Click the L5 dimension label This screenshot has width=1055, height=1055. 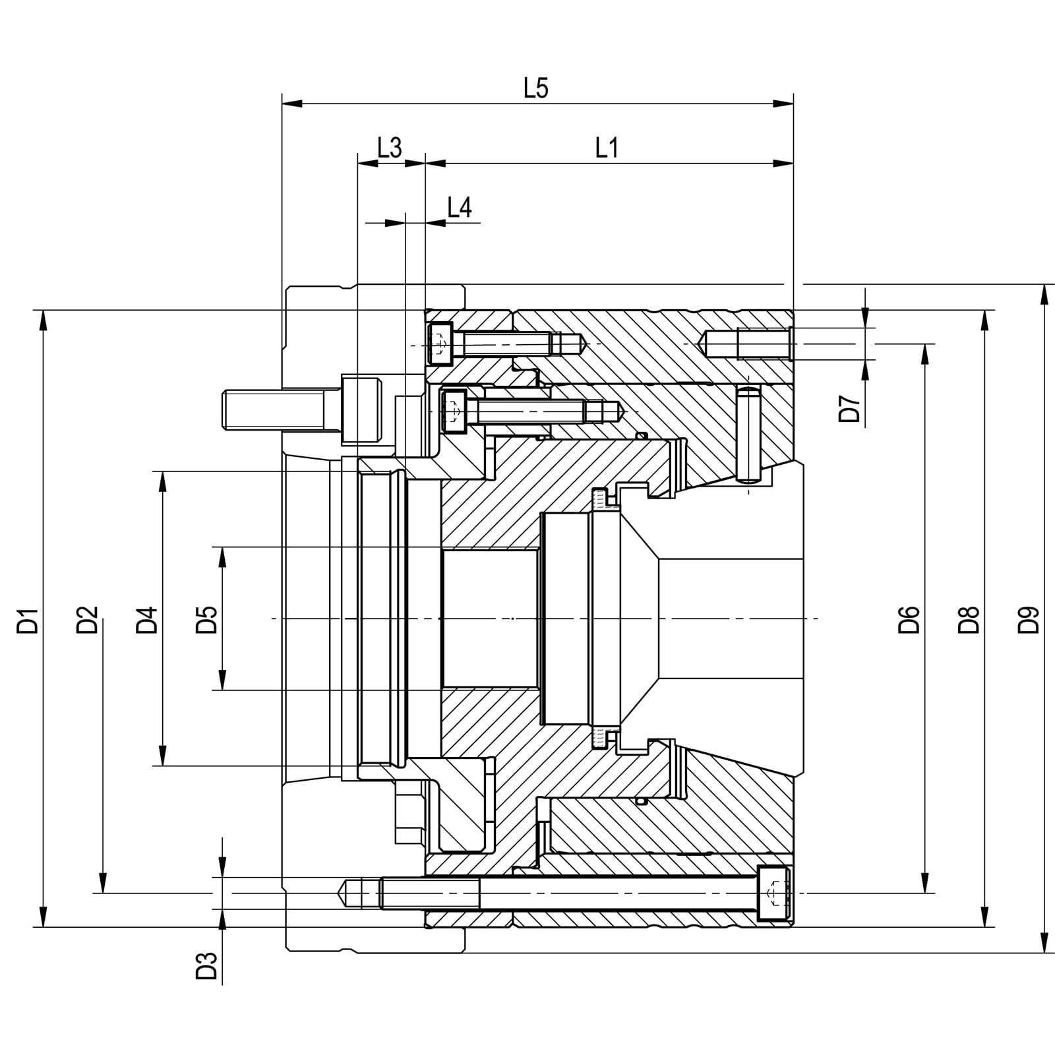(x=536, y=88)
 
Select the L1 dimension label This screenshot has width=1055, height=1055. (x=607, y=148)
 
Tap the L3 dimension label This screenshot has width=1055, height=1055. (x=390, y=148)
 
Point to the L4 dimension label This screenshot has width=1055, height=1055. (x=460, y=208)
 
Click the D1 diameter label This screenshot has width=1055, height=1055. (x=28, y=621)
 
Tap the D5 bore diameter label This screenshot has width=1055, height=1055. (x=207, y=620)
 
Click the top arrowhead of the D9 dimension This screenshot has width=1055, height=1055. (x=1044, y=293)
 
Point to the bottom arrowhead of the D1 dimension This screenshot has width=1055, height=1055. (x=44, y=917)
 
